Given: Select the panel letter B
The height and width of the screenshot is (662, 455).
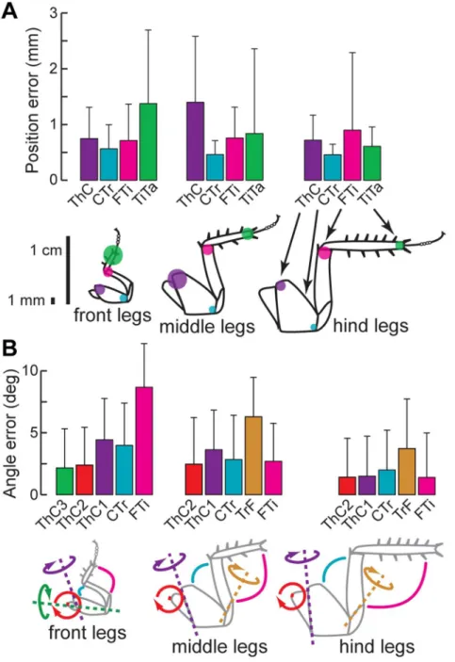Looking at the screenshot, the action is tap(9, 347).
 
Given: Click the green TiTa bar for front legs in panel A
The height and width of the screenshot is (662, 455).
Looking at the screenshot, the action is tap(148, 141).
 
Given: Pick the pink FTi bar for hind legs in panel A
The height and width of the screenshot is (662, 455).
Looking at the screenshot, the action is tap(352, 155).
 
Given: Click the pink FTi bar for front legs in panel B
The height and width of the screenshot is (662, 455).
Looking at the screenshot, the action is tap(144, 441).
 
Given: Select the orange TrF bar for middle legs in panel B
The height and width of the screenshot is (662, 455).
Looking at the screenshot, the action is tap(253, 456).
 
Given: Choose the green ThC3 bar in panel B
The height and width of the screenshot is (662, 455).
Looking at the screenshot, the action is tap(65, 481).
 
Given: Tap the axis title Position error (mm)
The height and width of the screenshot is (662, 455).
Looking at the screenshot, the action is tap(32, 100).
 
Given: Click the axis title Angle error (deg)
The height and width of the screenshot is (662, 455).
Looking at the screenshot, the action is tap(10, 433).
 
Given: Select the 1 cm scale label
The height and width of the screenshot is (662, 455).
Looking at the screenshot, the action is tap(45, 250).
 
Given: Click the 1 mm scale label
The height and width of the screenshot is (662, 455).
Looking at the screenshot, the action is tap(26, 300).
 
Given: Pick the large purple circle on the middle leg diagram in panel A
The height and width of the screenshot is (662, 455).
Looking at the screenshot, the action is tap(176, 279).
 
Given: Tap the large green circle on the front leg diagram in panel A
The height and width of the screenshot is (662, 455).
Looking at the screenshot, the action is tap(113, 254).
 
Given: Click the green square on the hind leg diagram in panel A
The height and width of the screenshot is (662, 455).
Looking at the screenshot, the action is tap(399, 245).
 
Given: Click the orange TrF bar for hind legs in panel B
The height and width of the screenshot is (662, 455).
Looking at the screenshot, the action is tap(407, 472).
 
